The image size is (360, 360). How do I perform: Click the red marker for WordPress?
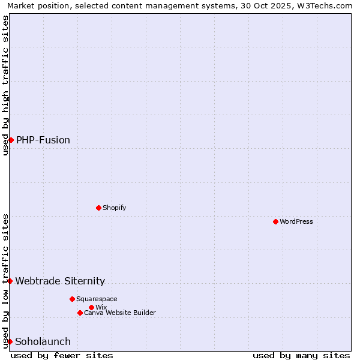point(275,221)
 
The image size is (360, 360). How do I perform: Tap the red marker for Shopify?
point(98,208)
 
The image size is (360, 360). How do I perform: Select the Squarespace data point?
point(72,299)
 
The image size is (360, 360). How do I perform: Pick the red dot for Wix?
point(91,307)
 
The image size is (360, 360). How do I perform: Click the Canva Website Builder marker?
point(80,313)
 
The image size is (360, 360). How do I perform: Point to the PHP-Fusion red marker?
point(11,140)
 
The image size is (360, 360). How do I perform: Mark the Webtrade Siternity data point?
point(10,281)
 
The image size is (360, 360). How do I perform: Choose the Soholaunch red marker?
point(10,341)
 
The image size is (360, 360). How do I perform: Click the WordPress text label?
point(296,221)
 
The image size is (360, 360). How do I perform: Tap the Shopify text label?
point(114,208)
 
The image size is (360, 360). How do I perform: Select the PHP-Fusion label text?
point(43,140)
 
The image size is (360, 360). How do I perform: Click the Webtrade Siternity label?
point(60,281)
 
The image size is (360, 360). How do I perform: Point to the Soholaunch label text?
point(43,341)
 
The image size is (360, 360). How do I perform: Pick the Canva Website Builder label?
point(120,313)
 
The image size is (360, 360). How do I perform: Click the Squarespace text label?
point(97,299)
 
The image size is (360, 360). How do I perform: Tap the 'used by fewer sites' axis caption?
point(62,355)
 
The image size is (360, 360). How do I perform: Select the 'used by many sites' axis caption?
point(301,355)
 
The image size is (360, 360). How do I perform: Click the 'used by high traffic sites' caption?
point(5,85)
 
